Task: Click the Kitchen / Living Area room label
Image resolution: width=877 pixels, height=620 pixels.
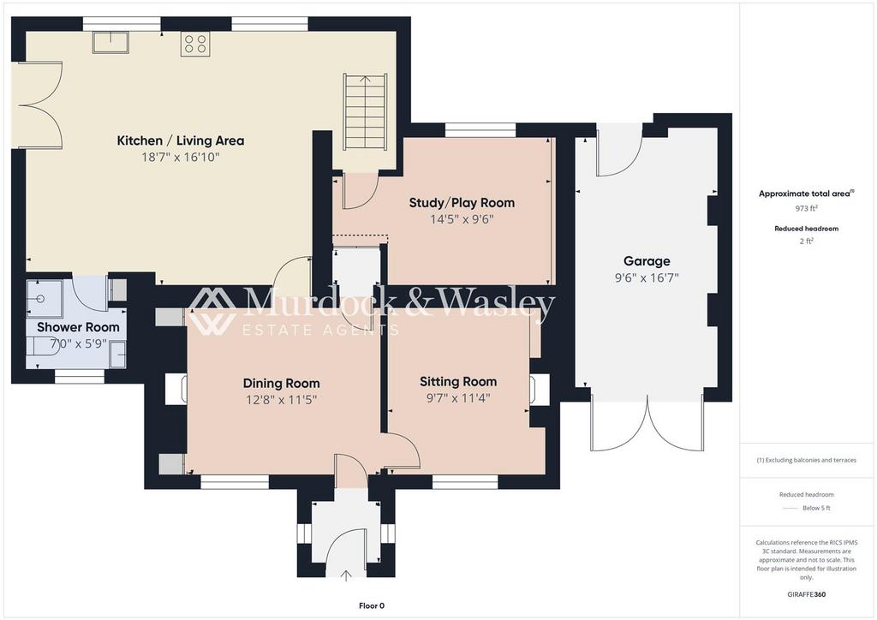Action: tap(180, 140)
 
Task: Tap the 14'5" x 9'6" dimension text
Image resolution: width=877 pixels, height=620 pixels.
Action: tap(462, 219)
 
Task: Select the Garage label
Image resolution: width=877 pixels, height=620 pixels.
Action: tap(646, 261)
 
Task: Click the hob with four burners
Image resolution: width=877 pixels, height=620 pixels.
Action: tap(194, 44)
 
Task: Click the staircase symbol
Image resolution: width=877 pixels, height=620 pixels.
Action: tap(365, 111)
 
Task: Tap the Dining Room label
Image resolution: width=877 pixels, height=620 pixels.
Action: tap(281, 383)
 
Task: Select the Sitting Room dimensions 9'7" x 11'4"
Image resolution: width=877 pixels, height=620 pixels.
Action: tap(457, 397)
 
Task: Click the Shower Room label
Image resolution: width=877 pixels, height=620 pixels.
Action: tap(78, 327)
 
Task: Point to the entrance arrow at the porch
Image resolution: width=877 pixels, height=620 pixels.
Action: tap(346, 575)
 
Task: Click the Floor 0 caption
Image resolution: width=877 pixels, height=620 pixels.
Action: tap(371, 605)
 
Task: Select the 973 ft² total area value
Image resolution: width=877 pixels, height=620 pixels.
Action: tap(806, 208)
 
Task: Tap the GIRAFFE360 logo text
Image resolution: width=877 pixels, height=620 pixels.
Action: tap(806, 594)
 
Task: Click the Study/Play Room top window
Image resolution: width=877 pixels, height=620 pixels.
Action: tap(480, 130)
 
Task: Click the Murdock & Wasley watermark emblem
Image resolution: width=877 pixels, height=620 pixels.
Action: tap(212, 312)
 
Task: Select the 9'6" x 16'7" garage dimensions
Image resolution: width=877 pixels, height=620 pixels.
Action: tap(646, 278)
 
